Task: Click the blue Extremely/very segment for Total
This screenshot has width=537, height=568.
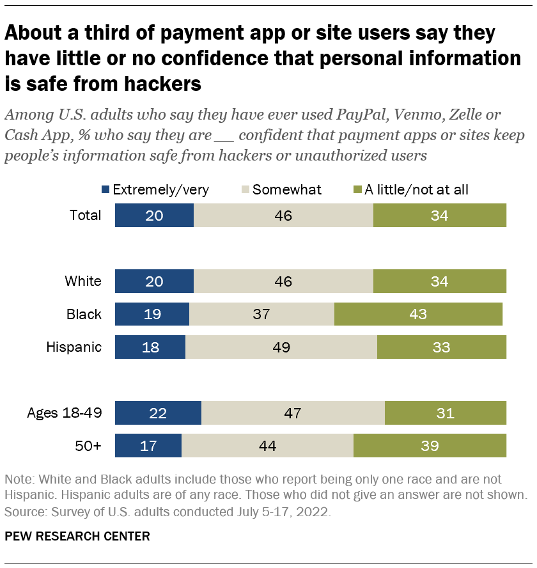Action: coord(154,216)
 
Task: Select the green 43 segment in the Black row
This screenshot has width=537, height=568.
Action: coord(418,314)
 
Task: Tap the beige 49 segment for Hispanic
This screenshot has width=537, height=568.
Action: coord(281,347)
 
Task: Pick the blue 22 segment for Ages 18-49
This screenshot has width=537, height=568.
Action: coord(158,413)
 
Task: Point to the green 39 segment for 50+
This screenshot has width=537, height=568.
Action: coord(430,446)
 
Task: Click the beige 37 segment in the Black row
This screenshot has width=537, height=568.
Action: coord(261,314)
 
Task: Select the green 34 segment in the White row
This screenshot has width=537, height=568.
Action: coord(439,281)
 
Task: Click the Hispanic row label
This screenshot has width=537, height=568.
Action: coord(74,347)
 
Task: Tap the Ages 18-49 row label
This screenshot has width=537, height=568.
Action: coord(64,413)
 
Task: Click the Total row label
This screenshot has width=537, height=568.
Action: coord(85,216)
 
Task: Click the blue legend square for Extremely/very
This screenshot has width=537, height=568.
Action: coord(105,190)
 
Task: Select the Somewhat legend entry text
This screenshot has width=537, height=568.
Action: coord(287,189)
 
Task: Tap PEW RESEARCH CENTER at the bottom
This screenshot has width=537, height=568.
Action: coord(77,536)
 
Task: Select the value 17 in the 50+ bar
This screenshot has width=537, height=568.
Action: coord(148,446)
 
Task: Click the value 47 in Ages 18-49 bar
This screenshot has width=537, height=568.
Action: coord(292,413)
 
